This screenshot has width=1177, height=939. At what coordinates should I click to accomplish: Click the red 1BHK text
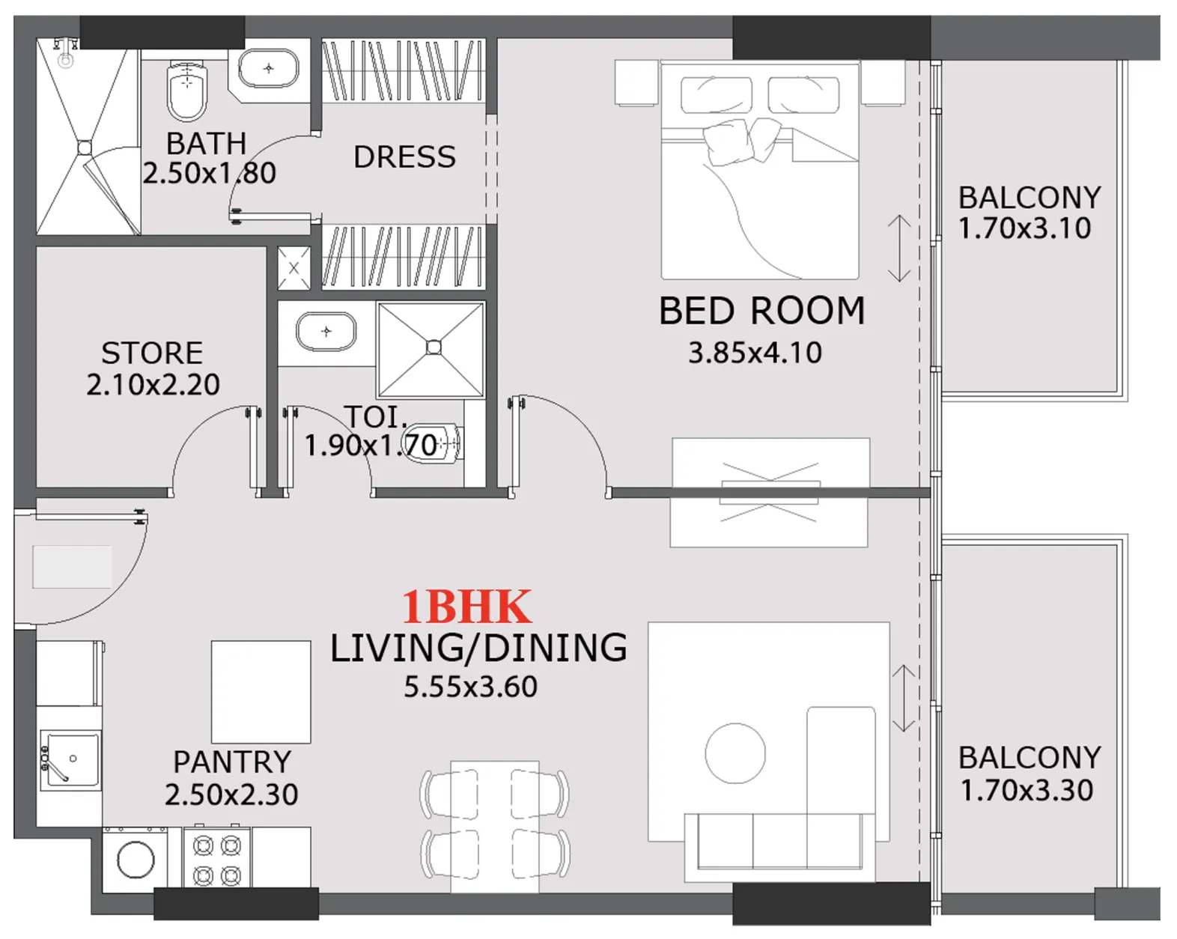point(466,607)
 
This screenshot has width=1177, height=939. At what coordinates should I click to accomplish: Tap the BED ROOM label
point(761,311)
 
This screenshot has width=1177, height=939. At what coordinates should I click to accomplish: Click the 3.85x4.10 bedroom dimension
point(755,353)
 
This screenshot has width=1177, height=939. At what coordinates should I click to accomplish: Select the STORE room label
point(152,353)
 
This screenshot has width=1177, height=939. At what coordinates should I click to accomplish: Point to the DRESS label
point(404,157)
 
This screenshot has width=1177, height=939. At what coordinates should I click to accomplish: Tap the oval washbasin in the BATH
point(268,69)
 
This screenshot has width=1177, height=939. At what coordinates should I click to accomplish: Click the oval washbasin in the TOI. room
point(326,332)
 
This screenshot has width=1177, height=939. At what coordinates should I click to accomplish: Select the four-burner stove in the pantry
point(217,860)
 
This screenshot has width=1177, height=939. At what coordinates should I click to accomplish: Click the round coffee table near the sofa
point(735,753)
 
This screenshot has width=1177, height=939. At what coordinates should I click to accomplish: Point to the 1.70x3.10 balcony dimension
point(1024,228)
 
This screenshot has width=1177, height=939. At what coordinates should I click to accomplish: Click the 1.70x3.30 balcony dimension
point(1027,790)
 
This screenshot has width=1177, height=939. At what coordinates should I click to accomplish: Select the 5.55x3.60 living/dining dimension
point(470,687)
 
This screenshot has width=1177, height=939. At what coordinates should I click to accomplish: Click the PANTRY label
point(232,762)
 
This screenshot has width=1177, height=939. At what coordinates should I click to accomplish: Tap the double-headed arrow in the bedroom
point(898,249)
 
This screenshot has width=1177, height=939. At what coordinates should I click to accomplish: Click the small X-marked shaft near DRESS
point(294,268)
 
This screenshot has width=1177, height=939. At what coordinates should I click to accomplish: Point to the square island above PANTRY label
point(261,691)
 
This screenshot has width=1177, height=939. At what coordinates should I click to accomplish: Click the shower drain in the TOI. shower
point(434,347)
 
